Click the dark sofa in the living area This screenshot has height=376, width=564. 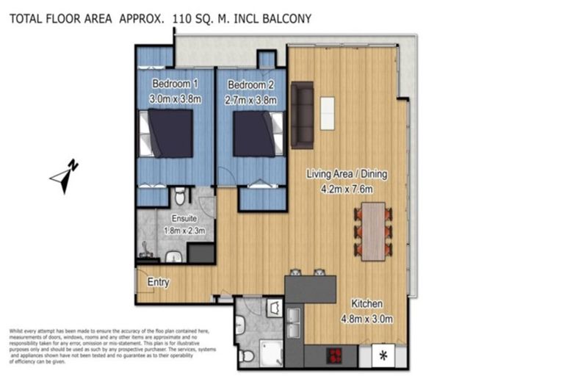coord(302,115)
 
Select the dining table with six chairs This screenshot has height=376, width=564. coord(374,231)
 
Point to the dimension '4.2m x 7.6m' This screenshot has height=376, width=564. coord(346,189)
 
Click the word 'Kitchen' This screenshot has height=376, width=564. coord(365,304)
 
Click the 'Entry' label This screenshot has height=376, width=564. coord(159,281)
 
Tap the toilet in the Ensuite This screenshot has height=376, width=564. coord(179,197)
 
